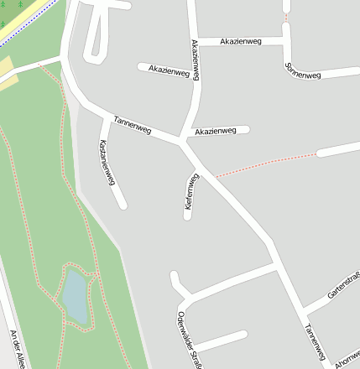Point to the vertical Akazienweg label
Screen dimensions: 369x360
(195, 60)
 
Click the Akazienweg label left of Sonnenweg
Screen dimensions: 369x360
(240, 40)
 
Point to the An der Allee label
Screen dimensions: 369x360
(18, 348)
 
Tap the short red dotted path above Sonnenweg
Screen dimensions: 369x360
(285, 16)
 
